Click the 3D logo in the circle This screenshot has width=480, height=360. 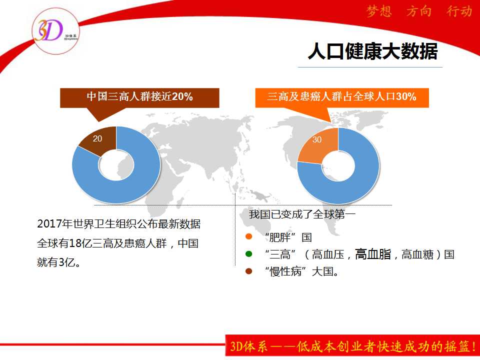(x=54, y=31)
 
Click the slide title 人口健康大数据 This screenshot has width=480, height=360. (x=372, y=51)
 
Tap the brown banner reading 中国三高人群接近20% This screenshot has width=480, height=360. (x=139, y=98)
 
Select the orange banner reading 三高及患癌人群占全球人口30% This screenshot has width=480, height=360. (x=342, y=97)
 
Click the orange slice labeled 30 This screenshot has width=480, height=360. (x=318, y=144)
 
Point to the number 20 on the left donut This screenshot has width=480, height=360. (x=97, y=138)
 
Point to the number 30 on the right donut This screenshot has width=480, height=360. (x=317, y=139)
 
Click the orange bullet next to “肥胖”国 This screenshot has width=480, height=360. (x=248, y=236)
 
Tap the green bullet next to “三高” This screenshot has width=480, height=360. (x=248, y=254)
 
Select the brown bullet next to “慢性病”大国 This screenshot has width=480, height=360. (x=248, y=271)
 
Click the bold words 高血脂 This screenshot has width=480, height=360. (x=373, y=254)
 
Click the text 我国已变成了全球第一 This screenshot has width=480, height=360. (x=302, y=214)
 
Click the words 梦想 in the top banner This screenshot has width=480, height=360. (x=379, y=11)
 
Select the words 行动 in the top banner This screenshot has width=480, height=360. (x=459, y=11)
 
